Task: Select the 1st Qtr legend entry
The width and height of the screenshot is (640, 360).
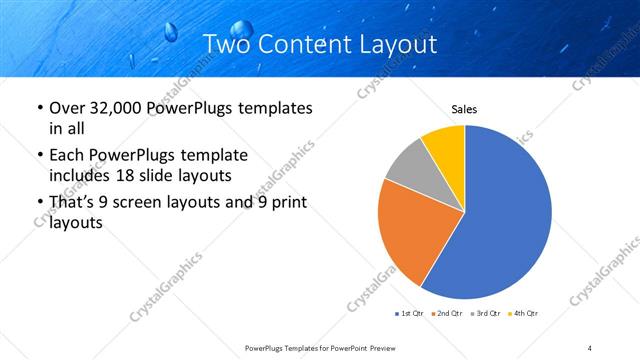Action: (409, 314)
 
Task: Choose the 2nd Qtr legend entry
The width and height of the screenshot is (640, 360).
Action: (445, 314)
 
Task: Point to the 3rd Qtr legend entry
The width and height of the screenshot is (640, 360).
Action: (484, 314)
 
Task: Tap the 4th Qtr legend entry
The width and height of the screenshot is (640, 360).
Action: (522, 314)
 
